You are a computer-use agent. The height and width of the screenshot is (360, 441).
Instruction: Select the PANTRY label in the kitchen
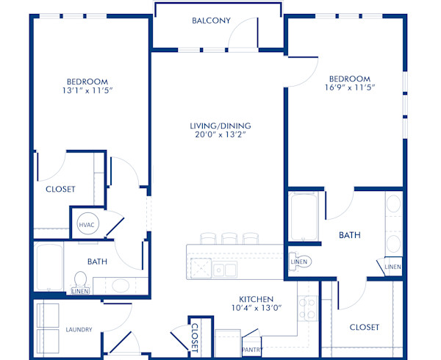(251, 350)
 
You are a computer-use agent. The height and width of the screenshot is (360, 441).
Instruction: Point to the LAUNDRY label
(79, 330)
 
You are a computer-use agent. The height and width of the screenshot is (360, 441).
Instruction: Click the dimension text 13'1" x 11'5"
(87, 93)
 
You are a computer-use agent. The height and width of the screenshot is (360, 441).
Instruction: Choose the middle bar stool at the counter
(229, 238)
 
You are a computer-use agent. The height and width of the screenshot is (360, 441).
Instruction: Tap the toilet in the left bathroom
(81, 281)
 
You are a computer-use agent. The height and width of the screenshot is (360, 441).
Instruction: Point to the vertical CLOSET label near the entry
(196, 338)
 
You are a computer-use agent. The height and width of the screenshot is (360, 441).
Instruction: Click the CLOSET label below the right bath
(364, 327)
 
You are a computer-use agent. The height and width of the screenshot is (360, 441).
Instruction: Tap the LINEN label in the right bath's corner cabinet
(392, 267)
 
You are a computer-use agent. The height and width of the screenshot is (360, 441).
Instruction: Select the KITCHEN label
(256, 300)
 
